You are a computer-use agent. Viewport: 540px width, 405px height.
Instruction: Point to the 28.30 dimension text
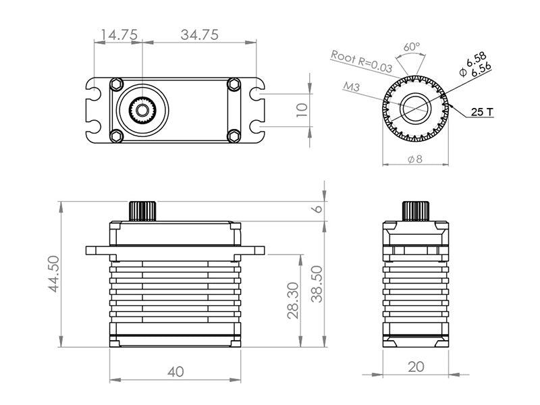pyautogui.click(x=294, y=300)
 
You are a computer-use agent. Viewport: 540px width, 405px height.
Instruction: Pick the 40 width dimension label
pyautogui.click(x=175, y=371)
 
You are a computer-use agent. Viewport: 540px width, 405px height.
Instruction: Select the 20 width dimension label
pyautogui.click(x=416, y=367)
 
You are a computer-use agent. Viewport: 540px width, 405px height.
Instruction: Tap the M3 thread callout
pyautogui.click(x=351, y=86)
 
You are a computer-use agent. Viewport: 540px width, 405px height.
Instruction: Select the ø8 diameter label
pyautogui.click(x=415, y=159)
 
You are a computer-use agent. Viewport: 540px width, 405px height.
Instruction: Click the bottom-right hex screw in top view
pyautogui.click(x=234, y=135)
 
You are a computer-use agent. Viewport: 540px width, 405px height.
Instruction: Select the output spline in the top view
pyautogui.click(x=142, y=109)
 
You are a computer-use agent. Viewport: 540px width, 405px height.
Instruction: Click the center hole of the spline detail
pyautogui.click(x=416, y=108)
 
